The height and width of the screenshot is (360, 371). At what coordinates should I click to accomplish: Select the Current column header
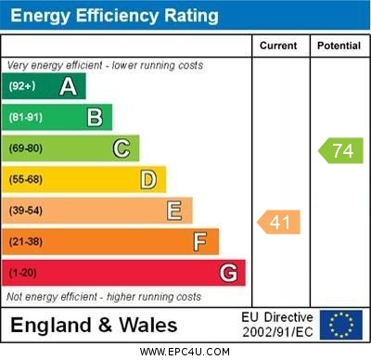278,45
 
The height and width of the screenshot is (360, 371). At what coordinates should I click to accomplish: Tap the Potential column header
339,45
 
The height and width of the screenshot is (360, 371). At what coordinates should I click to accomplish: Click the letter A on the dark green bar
68,86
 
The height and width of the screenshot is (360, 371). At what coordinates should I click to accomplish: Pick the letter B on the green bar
95,117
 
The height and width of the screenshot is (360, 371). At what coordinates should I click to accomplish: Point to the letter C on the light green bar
121,148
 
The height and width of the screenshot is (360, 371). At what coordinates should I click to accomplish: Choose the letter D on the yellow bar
147,179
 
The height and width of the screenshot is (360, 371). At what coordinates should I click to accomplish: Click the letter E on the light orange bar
173,211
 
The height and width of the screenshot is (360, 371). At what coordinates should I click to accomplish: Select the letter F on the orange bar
199,241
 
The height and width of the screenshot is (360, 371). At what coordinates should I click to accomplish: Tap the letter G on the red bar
227,273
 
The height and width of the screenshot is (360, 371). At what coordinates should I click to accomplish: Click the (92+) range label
22,86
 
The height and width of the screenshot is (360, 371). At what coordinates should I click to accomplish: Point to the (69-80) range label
26,148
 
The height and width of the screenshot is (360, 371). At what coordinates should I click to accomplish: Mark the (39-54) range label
26,211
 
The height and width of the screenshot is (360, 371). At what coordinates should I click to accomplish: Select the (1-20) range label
23,273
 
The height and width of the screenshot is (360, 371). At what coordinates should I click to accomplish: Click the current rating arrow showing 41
279,222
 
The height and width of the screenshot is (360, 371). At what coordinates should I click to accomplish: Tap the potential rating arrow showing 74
340,150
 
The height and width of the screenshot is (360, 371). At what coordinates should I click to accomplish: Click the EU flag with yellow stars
340,325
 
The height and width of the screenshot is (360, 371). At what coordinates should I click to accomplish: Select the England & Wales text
94,325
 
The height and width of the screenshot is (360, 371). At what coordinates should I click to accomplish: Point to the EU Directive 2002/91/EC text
277,325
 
